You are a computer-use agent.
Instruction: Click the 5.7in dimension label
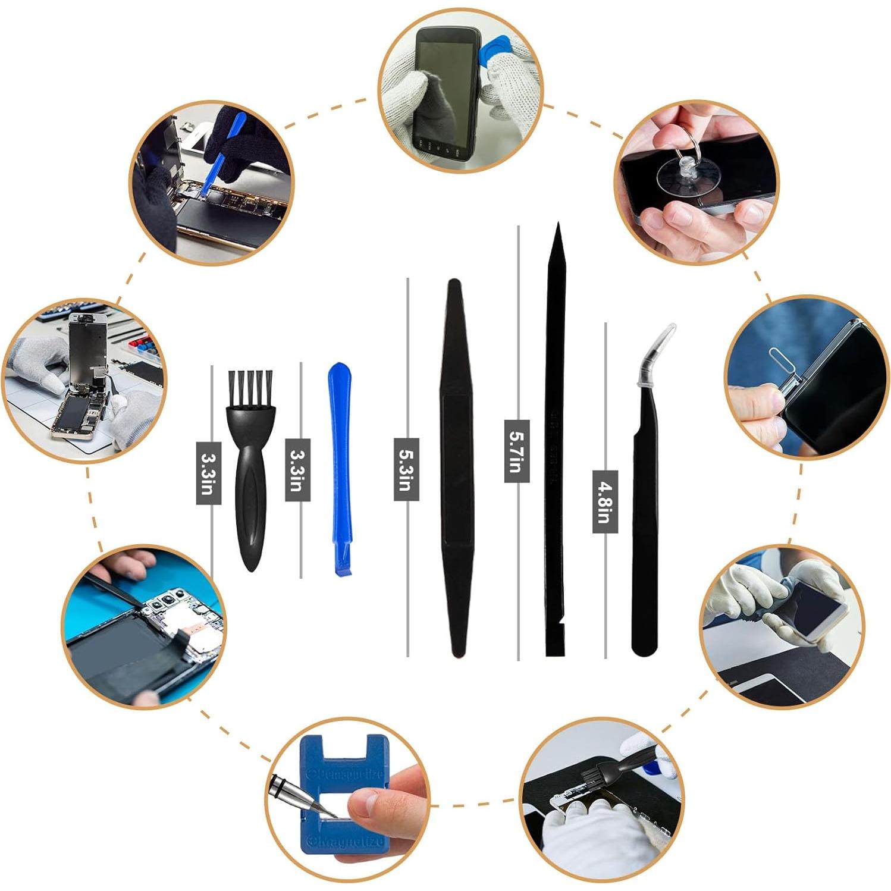tap(516, 451)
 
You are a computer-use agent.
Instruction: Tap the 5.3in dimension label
tap(406, 469)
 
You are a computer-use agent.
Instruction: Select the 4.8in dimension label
tap(605, 501)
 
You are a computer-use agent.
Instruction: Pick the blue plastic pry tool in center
tap(340, 464)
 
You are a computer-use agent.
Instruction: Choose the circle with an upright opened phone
tap(84, 381)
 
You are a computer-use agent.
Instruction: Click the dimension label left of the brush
tap(208, 473)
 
